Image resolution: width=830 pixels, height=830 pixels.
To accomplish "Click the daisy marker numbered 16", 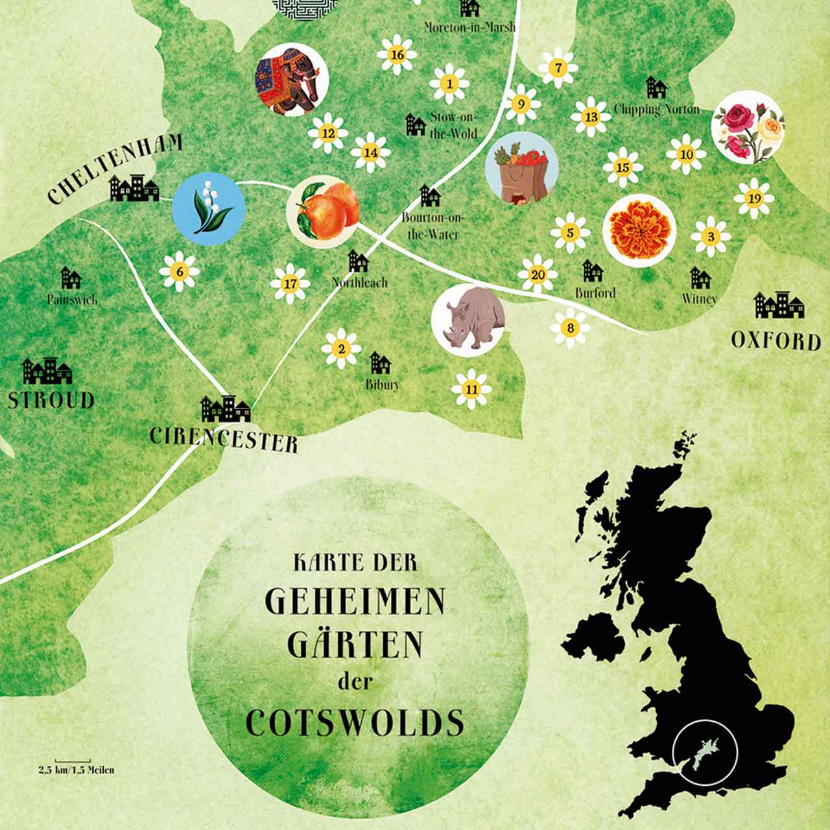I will tap(397, 54).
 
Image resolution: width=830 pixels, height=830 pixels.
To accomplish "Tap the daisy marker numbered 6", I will tap(180, 270).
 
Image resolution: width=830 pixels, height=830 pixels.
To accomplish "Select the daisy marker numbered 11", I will tap(471, 389).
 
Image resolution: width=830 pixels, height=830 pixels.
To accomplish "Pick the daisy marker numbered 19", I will tap(753, 198).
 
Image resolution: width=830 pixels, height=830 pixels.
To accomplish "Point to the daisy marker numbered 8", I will tap(570, 328).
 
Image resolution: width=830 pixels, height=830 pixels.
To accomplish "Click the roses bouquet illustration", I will tap(748, 126).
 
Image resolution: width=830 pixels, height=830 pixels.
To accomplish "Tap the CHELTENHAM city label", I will tap(115, 170).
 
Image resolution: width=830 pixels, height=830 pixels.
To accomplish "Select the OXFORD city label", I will tap(776, 340).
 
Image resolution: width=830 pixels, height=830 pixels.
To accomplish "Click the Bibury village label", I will tap(383, 385).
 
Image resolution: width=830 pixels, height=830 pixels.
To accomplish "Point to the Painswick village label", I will tap(72, 300).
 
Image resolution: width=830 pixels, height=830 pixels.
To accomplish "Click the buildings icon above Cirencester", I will tap(226, 409).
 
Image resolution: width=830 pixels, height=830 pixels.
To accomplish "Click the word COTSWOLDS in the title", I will tap(355, 722).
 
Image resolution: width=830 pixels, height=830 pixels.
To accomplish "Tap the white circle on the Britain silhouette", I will tap(705, 753).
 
